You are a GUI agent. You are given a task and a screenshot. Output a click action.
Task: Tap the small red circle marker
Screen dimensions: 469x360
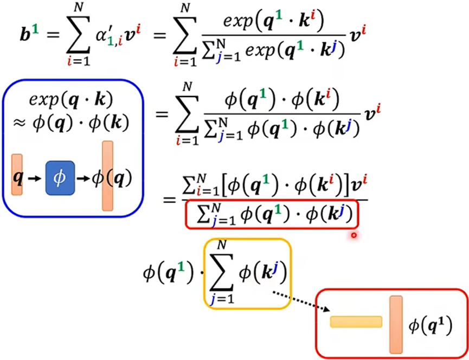(x=354, y=235)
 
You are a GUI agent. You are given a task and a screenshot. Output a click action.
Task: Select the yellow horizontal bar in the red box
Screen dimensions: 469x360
(x=356, y=322)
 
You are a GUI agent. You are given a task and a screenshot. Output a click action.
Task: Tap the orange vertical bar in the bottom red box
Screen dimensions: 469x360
(x=395, y=324)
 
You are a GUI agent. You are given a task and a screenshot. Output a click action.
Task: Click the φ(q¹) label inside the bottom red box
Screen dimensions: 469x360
(x=431, y=325)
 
